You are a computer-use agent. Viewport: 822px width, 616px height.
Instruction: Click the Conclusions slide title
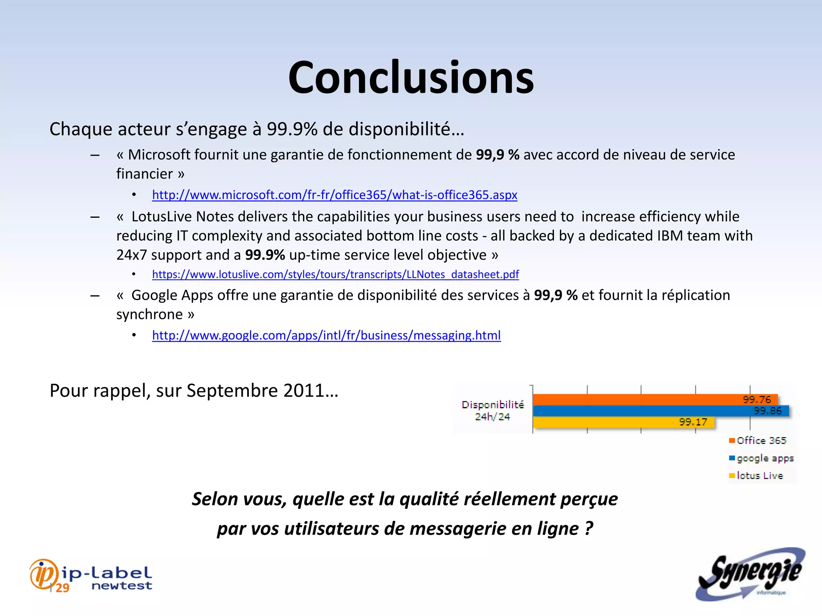pyautogui.click(x=411, y=77)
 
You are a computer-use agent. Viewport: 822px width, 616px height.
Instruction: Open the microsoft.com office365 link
pyautogui.click(x=334, y=195)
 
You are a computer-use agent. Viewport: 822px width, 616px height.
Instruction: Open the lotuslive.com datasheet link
pyautogui.click(x=335, y=274)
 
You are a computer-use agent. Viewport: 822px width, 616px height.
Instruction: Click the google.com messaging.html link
pyautogui.click(x=326, y=335)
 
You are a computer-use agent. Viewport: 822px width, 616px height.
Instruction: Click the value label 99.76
pyautogui.click(x=757, y=399)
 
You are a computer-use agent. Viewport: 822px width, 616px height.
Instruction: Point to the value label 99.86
pyautogui.click(x=767, y=411)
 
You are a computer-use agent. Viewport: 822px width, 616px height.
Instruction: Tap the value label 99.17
pyautogui.click(x=693, y=422)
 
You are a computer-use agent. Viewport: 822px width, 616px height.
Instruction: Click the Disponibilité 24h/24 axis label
pyautogui.click(x=492, y=411)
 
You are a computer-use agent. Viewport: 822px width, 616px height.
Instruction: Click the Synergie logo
pyautogui.click(x=750, y=574)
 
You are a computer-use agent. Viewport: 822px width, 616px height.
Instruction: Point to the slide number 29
pyautogui.click(x=62, y=588)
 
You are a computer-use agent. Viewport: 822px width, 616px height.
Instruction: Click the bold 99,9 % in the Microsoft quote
pyautogui.click(x=497, y=155)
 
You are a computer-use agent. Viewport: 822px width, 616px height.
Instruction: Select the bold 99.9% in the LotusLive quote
pyautogui.click(x=265, y=255)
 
